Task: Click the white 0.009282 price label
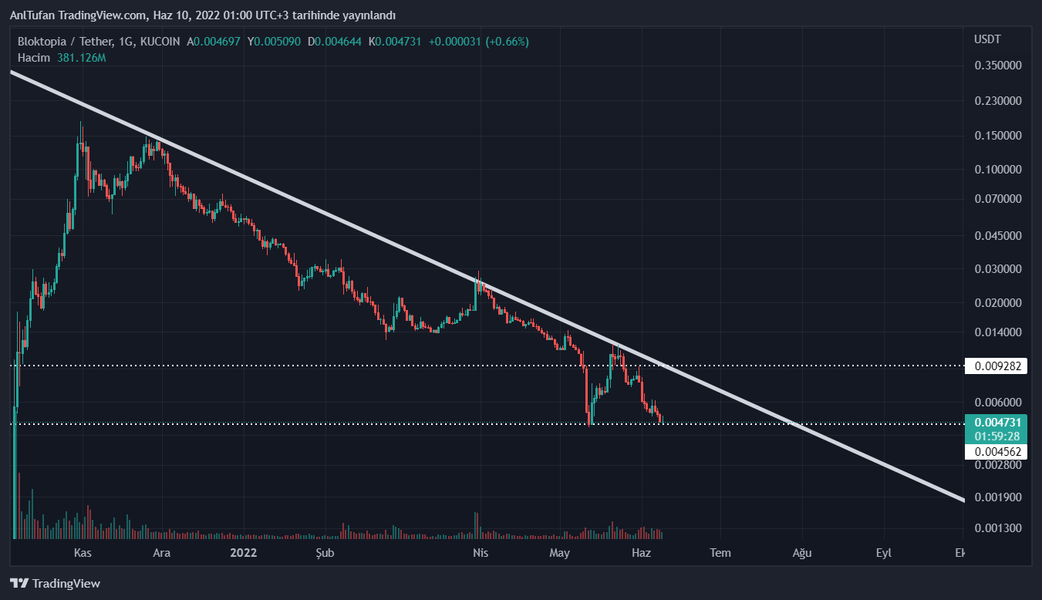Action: coord(997,366)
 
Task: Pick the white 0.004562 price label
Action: coord(997,451)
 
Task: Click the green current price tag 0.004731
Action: coord(997,423)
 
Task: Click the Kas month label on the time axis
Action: coord(83,553)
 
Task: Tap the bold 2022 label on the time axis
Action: coord(244,553)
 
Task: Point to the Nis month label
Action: coord(481,553)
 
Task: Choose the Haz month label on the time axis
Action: coord(641,553)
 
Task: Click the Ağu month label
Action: coord(801,553)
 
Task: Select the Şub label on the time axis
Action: coord(325,553)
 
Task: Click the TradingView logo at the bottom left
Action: coord(55,584)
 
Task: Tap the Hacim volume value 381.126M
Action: coord(81,58)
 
